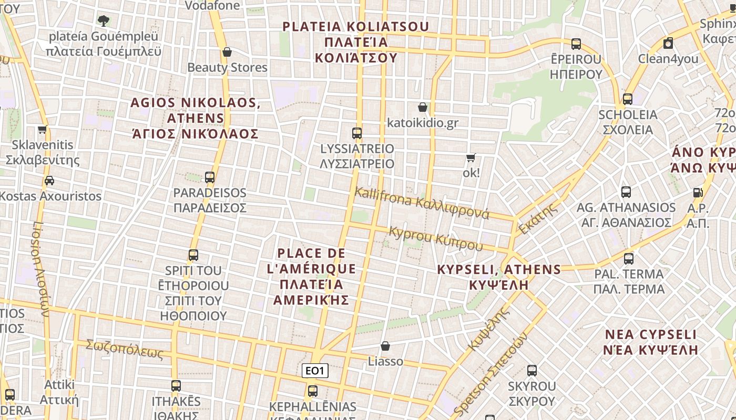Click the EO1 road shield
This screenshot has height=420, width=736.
point(315,371)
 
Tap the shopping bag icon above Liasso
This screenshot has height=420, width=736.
point(385,346)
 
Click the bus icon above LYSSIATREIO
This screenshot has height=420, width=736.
point(357,133)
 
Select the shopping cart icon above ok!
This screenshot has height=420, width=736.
point(471,157)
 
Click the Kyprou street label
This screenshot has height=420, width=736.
point(435,238)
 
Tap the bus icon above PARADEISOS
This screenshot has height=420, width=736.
point(210,177)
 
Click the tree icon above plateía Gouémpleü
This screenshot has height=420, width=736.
point(104,21)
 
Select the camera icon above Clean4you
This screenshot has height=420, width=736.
point(668,43)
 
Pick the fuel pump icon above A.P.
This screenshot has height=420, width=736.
point(698,193)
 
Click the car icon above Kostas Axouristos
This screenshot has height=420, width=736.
point(49,181)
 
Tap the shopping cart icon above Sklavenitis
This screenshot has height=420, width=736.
point(43,129)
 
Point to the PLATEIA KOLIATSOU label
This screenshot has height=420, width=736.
point(356,41)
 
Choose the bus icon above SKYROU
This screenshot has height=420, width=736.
point(531,371)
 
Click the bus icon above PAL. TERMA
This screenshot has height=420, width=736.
point(629,258)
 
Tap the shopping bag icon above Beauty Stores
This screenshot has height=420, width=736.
point(227,52)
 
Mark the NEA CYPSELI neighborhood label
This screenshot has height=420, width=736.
point(650,342)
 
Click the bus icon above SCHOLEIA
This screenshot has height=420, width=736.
point(627,99)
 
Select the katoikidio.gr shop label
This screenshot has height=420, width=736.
point(423,123)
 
